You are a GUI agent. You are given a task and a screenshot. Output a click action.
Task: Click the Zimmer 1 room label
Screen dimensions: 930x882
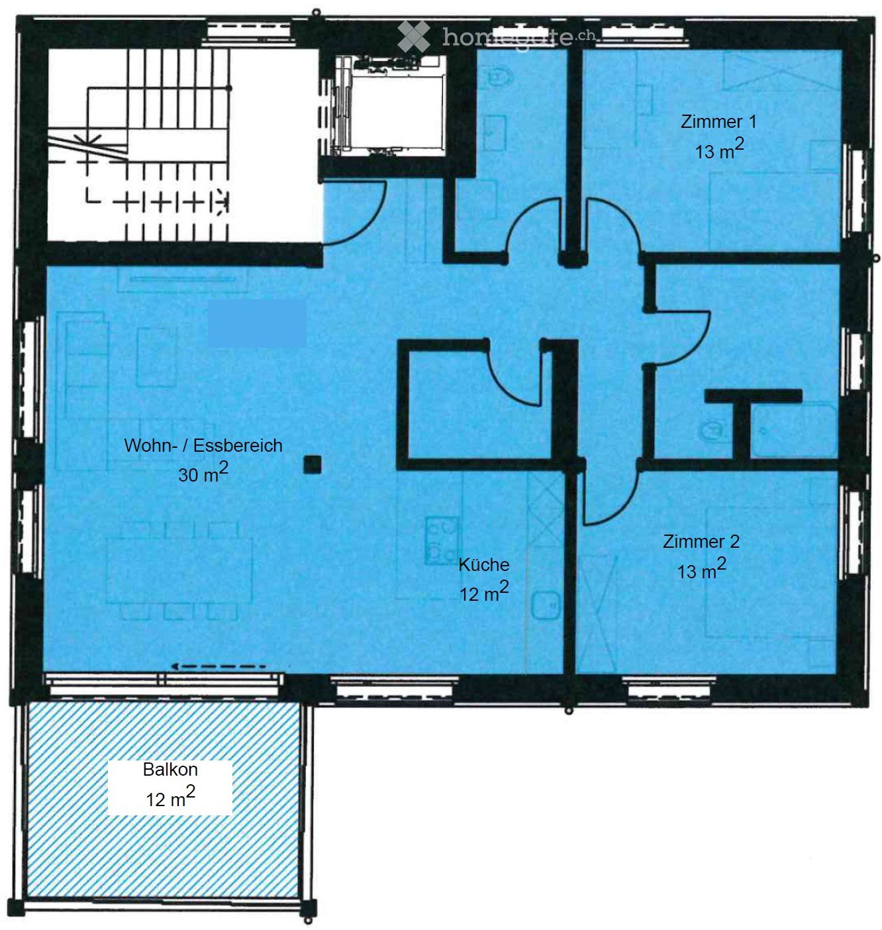718,136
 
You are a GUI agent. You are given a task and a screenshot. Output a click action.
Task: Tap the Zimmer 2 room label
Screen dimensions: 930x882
701,556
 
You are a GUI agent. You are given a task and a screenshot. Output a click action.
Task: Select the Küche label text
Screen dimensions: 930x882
484,579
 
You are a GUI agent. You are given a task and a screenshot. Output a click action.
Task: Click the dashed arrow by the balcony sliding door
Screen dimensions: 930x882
219,666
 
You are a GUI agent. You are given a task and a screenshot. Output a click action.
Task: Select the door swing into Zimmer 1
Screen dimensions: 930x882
612,225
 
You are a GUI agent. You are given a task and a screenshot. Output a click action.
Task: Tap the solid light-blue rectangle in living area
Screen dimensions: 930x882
257,323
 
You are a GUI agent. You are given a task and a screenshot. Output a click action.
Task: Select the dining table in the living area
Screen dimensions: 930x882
179,570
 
